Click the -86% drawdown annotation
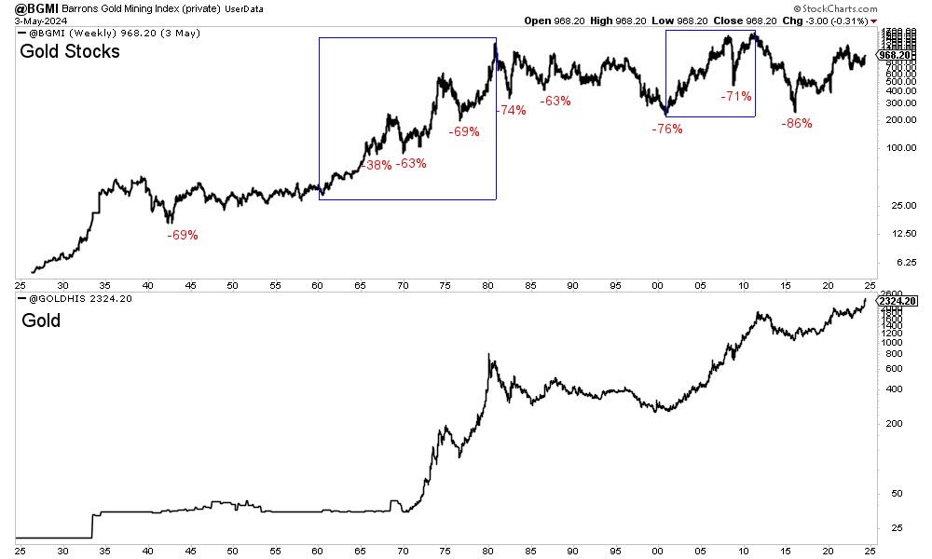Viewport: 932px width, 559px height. [x=797, y=123]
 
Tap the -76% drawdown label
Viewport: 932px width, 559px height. [x=667, y=129]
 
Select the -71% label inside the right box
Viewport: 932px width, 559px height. [x=736, y=96]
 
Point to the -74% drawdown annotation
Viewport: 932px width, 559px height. [x=511, y=110]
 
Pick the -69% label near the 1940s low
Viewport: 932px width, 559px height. [x=183, y=235]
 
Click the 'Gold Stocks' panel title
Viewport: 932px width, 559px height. [x=70, y=52]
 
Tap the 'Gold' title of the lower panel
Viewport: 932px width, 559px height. [x=40, y=320]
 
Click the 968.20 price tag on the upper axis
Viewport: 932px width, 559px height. [x=899, y=55]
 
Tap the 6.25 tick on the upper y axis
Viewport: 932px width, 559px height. [x=894, y=263]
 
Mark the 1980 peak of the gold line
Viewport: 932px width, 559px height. [x=489, y=354]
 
